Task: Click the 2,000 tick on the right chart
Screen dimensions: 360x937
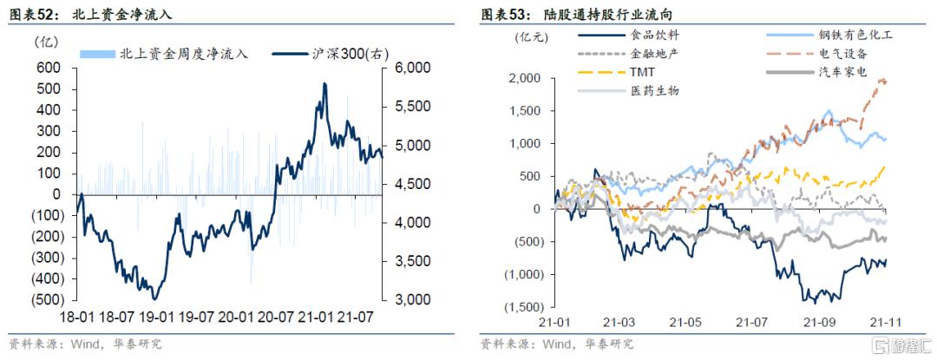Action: pos(525,79)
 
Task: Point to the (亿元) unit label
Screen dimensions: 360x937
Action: pos(528,37)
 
